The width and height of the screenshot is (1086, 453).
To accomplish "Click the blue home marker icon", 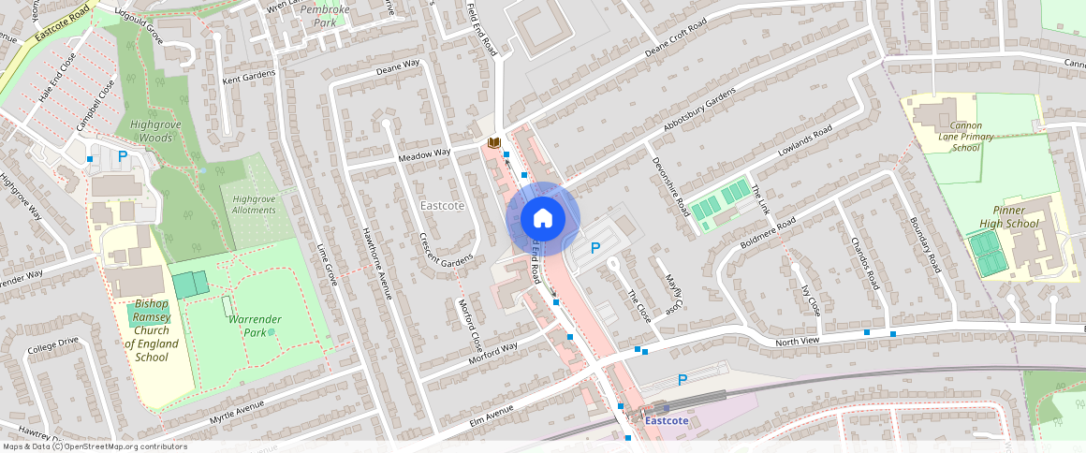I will coord(543,219).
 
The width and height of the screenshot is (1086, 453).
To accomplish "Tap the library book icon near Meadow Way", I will coord(493,142).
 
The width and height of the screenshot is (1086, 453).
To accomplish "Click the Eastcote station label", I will coord(667,420).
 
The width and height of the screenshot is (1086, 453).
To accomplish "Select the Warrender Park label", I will coord(255,326).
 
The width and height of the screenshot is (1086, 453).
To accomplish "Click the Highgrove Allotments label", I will coord(255,205).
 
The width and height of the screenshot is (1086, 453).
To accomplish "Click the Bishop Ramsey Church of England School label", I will coord(152,330).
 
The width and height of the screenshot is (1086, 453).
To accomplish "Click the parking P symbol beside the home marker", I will coord(594,248).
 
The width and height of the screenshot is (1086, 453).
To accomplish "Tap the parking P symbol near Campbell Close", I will coord(122,156).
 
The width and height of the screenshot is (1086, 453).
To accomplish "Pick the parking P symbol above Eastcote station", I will coord(682,379).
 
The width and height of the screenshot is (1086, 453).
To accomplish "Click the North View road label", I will coord(797,342).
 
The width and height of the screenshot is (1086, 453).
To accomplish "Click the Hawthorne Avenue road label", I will coord(375,266).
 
